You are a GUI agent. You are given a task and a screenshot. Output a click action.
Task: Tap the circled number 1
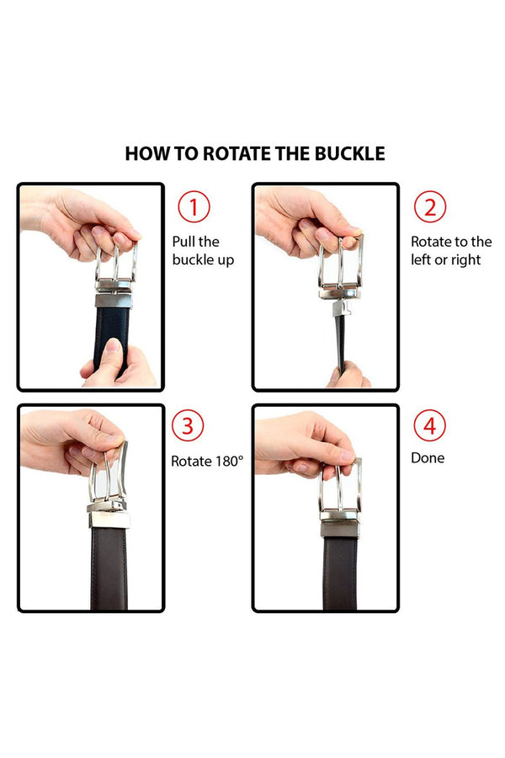pyautogui.click(x=194, y=207)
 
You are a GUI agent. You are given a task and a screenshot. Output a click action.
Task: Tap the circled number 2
pyautogui.click(x=429, y=207)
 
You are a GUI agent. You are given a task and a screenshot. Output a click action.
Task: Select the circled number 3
pyautogui.click(x=187, y=425)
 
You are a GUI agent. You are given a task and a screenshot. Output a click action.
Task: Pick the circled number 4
pyautogui.click(x=429, y=425)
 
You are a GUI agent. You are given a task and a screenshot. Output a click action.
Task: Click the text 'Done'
pyautogui.click(x=428, y=458)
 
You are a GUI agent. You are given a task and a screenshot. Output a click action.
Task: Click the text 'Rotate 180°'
pyautogui.click(x=207, y=461)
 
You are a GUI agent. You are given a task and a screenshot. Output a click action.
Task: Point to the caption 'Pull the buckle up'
pyautogui.click(x=203, y=251)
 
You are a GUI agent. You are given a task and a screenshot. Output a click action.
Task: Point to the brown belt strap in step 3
pyautogui.click(x=109, y=564)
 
